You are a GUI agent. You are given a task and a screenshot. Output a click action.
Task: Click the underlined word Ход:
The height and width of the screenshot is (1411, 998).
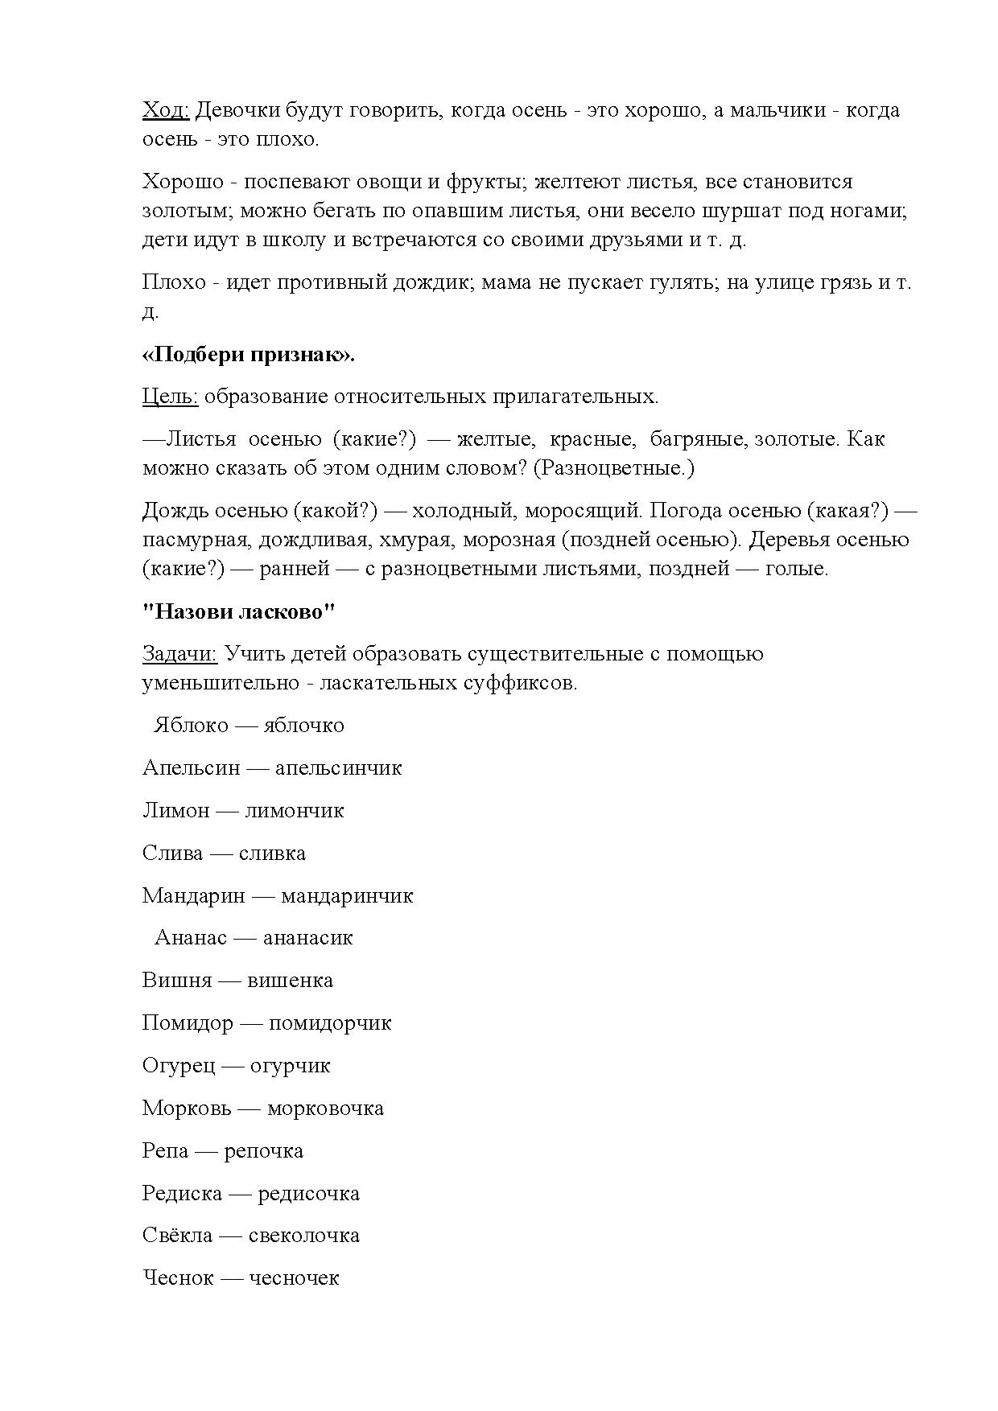(x=165, y=110)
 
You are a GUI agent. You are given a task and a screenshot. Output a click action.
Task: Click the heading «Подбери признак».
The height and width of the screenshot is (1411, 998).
(x=248, y=355)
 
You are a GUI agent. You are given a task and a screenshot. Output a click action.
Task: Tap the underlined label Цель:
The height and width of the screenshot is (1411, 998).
(x=170, y=397)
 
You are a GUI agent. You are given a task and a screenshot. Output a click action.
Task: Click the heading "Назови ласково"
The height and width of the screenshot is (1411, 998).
(x=238, y=611)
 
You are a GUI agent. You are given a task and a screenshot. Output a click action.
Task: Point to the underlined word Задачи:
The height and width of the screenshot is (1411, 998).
(x=179, y=654)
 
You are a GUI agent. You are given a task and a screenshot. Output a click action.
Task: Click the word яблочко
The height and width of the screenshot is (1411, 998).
(x=303, y=726)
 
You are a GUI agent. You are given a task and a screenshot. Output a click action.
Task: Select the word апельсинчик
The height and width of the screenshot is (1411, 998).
(x=338, y=768)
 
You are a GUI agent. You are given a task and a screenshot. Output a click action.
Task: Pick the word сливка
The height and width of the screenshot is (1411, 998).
(x=272, y=854)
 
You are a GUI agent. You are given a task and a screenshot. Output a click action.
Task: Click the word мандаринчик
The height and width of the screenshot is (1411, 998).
(x=346, y=896)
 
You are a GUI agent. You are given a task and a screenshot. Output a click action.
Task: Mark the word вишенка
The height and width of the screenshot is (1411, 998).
(x=290, y=981)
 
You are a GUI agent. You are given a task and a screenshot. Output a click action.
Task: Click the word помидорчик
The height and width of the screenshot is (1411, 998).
(x=330, y=1023)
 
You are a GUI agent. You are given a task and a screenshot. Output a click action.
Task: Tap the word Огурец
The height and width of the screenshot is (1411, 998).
(x=179, y=1066)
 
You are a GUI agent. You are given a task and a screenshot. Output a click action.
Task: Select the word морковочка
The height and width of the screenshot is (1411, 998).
(x=325, y=1109)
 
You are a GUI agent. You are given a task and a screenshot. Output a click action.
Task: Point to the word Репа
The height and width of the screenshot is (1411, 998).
(x=165, y=1151)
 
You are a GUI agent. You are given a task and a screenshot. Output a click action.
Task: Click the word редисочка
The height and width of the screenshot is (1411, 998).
(x=308, y=1194)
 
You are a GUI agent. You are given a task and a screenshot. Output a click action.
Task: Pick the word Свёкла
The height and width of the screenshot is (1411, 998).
(x=177, y=1236)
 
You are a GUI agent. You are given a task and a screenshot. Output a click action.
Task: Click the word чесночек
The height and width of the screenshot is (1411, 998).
(x=294, y=1278)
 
